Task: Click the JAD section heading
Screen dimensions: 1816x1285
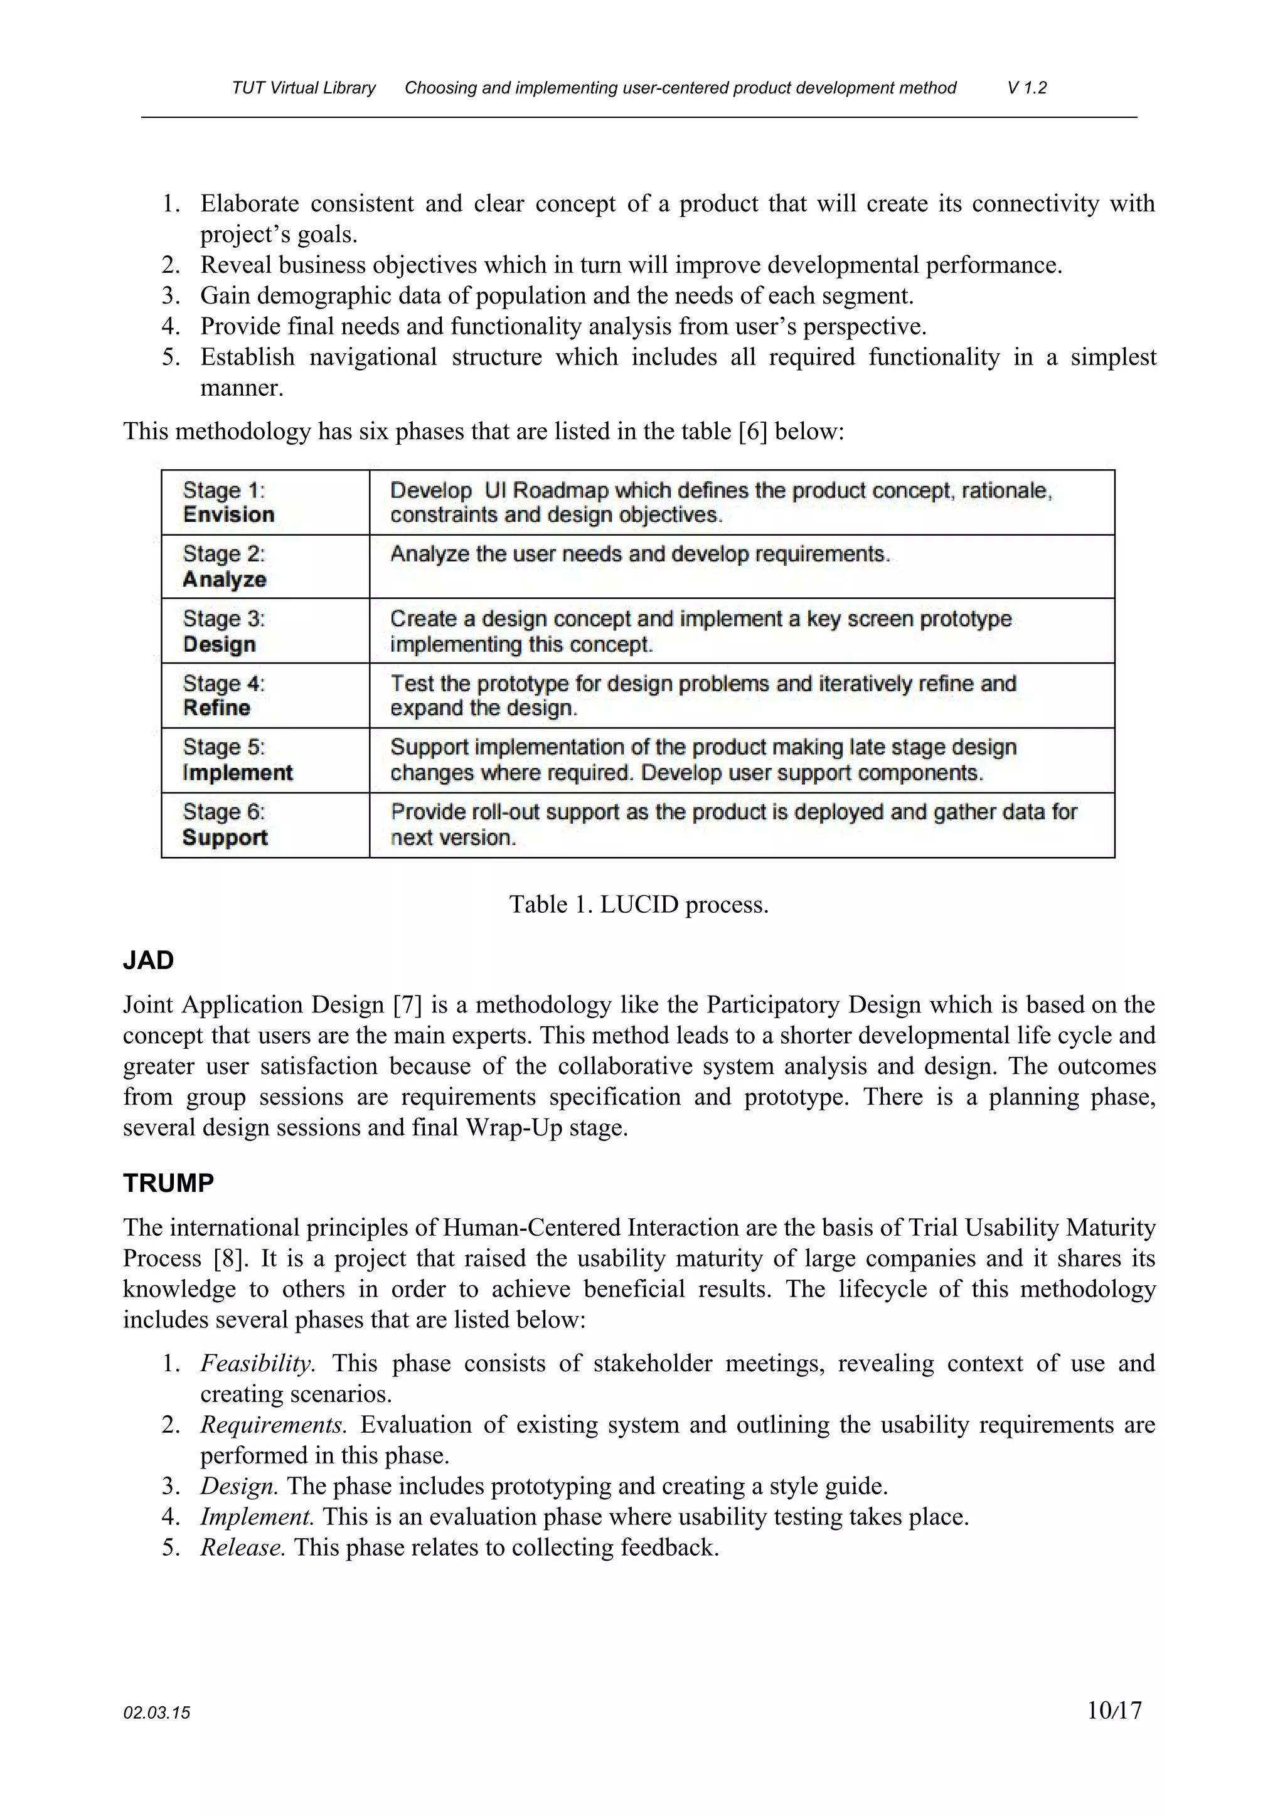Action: tap(148, 960)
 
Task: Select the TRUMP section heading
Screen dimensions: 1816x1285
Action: tap(169, 1183)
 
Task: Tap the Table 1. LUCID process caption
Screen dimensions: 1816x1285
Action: tap(639, 904)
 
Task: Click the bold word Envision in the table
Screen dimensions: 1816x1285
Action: tap(228, 515)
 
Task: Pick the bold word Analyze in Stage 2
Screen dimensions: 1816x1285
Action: tap(225, 580)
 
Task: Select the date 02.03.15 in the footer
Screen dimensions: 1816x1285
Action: tap(157, 1713)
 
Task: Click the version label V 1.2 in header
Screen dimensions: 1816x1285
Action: tap(1026, 88)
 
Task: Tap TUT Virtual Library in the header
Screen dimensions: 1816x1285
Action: tap(304, 88)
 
